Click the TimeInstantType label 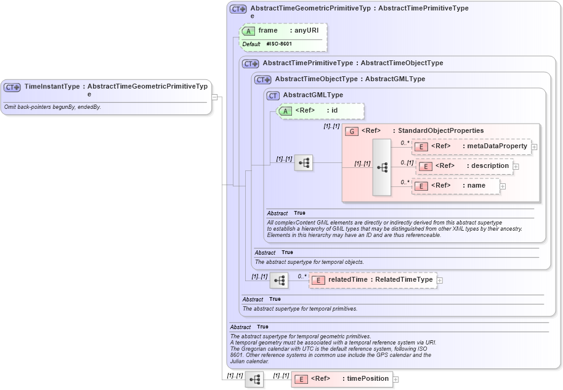(52, 87)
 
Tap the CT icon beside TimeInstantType (12, 87)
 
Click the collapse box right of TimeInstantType (214, 97)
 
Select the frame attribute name (268, 30)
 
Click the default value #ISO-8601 (279, 44)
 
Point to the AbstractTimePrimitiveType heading (307, 63)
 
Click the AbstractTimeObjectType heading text (315, 79)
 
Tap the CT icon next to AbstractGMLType (272, 95)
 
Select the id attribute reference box (320, 111)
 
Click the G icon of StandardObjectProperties (352, 131)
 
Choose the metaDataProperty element (471, 146)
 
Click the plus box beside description (516, 166)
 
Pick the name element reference (456, 186)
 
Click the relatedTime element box (373, 280)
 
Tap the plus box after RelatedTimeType (440, 280)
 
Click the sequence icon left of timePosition (254, 380)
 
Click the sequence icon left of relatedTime (279, 280)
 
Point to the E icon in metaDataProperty (421, 146)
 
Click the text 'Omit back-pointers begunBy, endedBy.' (52, 107)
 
